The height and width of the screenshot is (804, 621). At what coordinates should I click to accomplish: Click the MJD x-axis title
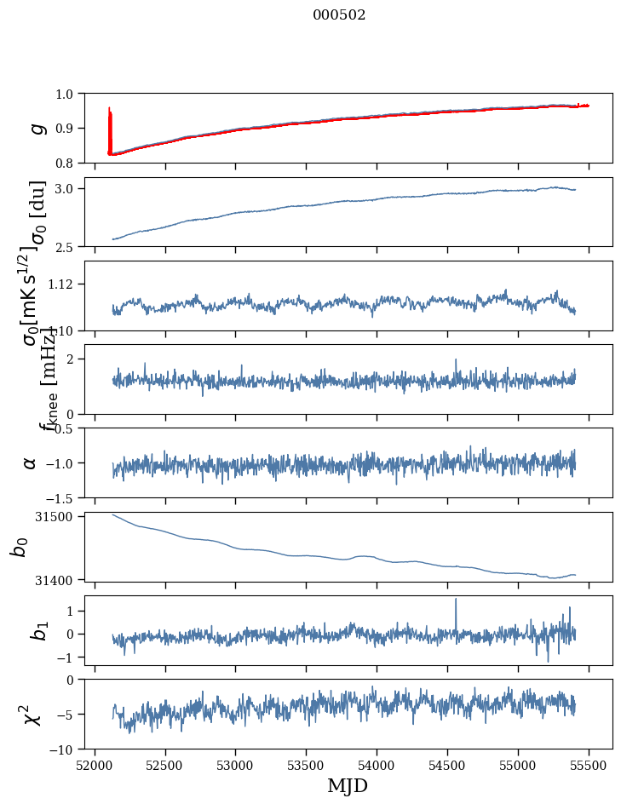[x=348, y=785]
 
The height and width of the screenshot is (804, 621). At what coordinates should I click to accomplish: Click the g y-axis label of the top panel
[x=35, y=128]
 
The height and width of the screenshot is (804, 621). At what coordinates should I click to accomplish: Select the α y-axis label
[x=30, y=462]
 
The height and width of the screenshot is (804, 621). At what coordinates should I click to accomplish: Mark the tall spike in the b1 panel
[x=456, y=601]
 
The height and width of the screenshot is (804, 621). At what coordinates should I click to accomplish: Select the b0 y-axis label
[x=20, y=547]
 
